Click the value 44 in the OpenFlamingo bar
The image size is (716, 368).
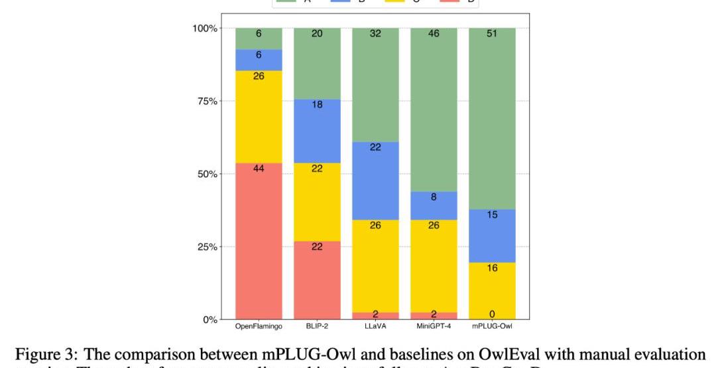[259, 168]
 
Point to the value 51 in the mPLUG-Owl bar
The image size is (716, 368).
[492, 33]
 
